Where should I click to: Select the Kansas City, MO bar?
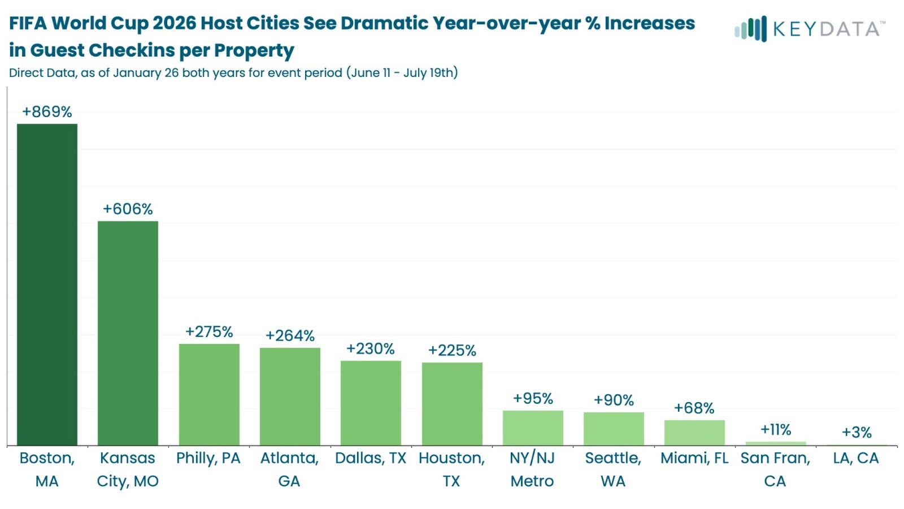[x=128, y=333]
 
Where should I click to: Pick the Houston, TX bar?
[x=452, y=404]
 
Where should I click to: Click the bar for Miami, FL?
[x=694, y=433]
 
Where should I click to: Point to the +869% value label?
[x=47, y=111]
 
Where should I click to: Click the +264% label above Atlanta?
[x=290, y=335]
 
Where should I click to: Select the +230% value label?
[x=371, y=348]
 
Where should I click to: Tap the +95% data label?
[x=533, y=398]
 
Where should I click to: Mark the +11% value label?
[x=776, y=430]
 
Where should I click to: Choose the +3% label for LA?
[x=857, y=432]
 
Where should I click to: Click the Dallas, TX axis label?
[x=371, y=458]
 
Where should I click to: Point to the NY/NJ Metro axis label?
[x=532, y=469]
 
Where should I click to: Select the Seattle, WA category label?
[x=613, y=469]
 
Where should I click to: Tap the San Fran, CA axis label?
[x=775, y=469]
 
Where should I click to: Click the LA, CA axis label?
[x=856, y=458]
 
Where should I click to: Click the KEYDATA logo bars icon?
[x=750, y=29]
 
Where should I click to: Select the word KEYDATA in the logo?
[x=826, y=29]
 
